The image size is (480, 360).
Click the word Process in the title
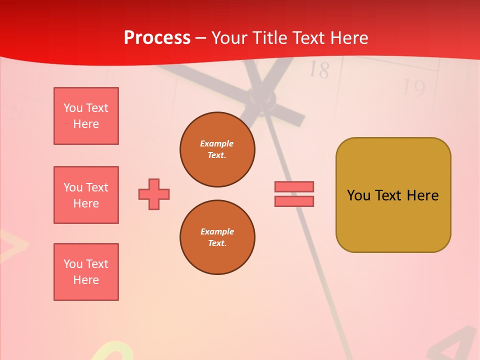tap(157, 38)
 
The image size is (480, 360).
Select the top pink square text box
tap(86, 116)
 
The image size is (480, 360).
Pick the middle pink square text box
tap(86, 195)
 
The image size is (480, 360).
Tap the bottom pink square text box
tap(86, 272)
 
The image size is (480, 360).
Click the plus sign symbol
tap(154, 194)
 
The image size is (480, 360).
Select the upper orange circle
tap(217, 149)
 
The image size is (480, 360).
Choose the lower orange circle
tap(217, 237)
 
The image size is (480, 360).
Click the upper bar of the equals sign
tap(294, 186)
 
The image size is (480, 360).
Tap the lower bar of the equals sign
tap(294, 201)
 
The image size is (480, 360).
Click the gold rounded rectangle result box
tap(393, 195)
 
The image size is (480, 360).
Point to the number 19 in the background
tap(413, 88)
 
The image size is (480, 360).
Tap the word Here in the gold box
tap(422, 195)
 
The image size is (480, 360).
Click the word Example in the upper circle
tap(217, 143)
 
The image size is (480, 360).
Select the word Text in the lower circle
tap(216, 243)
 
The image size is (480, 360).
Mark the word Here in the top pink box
tap(86, 124)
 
